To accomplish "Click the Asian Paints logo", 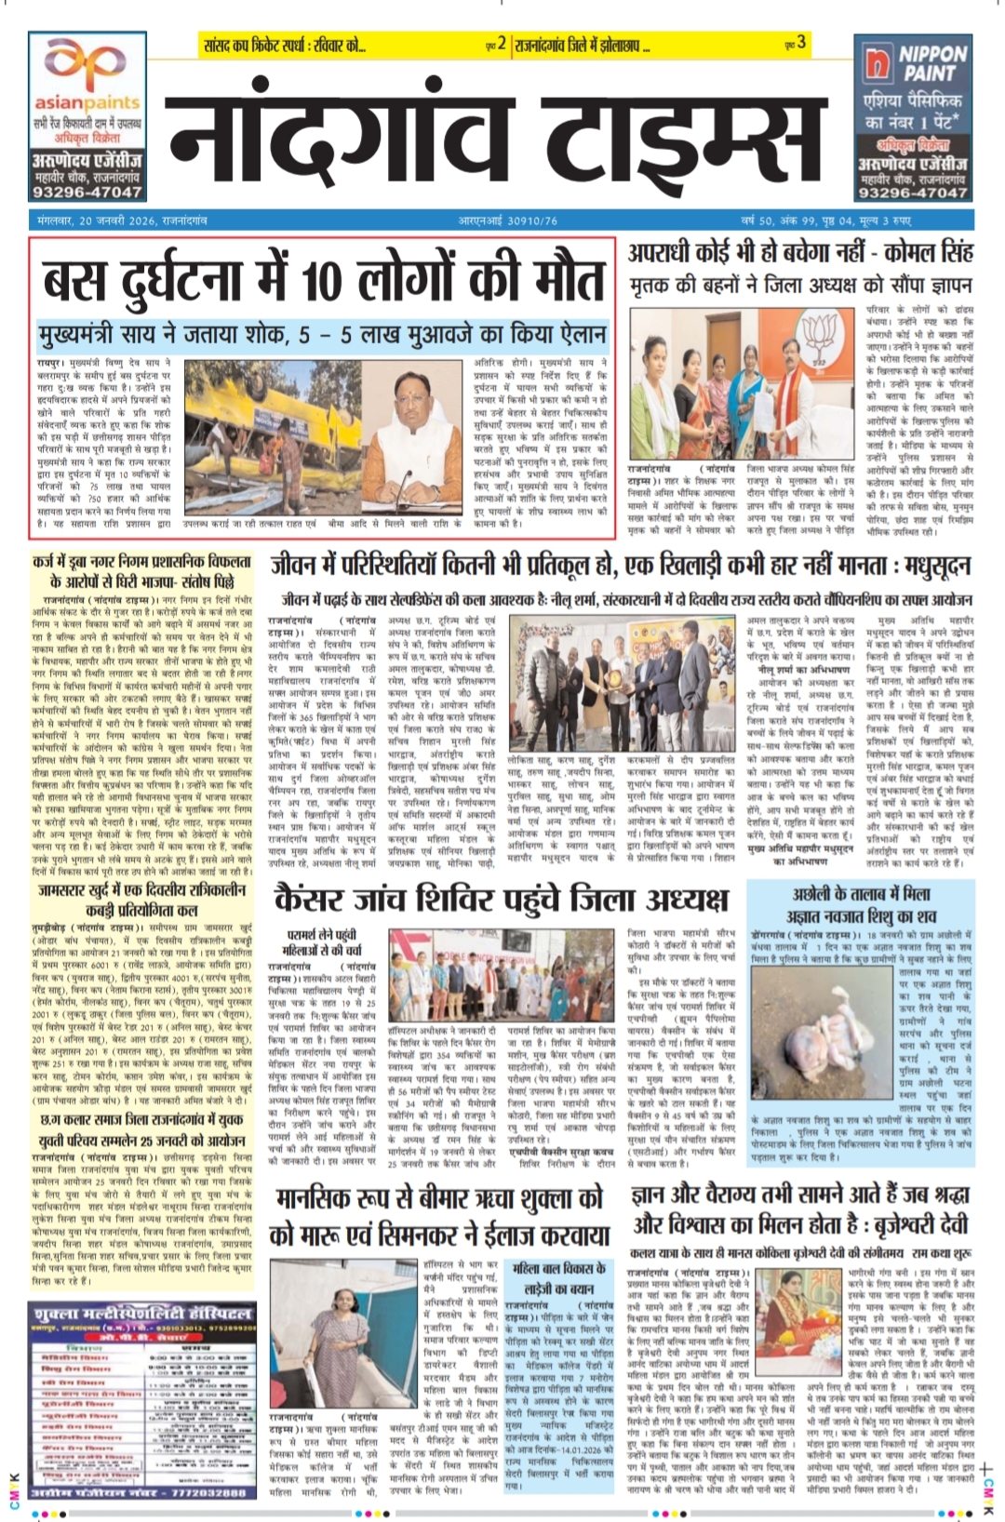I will click(x=86, y=70).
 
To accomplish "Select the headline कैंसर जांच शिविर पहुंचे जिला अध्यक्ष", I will click(x=501, y=901).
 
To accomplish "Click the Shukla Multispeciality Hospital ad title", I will click(x=141, y=1314).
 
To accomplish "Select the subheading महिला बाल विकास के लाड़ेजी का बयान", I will click(x=559, y=1278).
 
